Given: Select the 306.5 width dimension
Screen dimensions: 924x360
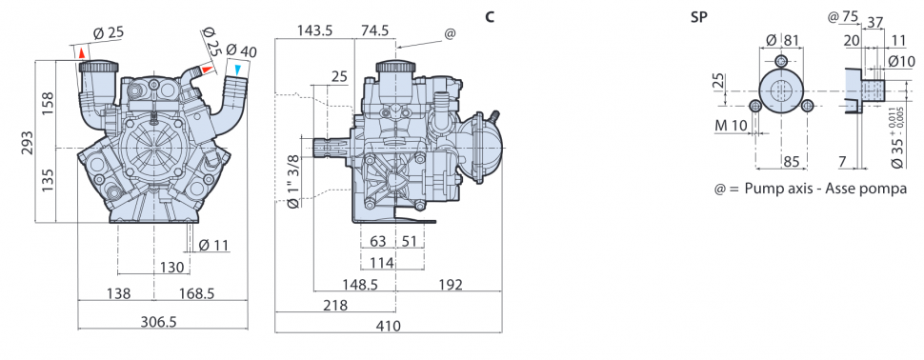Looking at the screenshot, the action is click(159, 322).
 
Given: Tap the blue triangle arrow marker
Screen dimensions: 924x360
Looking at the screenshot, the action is click(237, 70).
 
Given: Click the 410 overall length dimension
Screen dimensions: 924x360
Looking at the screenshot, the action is click(389, 326).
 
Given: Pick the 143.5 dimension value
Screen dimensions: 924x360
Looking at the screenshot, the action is click(314, 30).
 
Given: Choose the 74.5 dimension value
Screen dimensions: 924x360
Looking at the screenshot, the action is click(374, 30).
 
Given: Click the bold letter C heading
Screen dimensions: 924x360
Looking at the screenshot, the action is click(490, 17).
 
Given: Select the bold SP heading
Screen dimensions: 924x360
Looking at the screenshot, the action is click(698, 17).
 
